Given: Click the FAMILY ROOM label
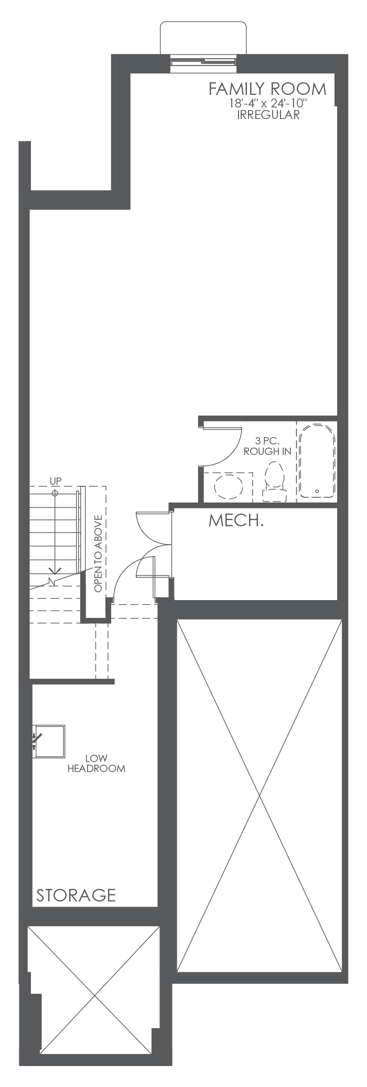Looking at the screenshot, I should click(x=267, y=89).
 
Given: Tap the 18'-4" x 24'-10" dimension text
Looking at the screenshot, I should click(x=267, y=104).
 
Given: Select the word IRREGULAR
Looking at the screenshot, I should click(x=268, y=115).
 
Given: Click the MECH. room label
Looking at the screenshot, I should click(x=236, y=521).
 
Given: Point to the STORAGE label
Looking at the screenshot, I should click(x=75, y=895).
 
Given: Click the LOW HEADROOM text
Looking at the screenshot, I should click(x=96, y=764).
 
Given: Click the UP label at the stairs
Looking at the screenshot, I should click(x=55, y=481).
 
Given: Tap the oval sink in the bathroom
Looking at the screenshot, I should click(x=229, y=487).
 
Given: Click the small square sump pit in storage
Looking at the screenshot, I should click(x=49, y=741).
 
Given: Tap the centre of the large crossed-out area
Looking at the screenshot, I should click(x=260, y=796).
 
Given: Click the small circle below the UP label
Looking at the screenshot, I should click(x=55, y=493).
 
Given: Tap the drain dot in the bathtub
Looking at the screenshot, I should click(x=317, y=491).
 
